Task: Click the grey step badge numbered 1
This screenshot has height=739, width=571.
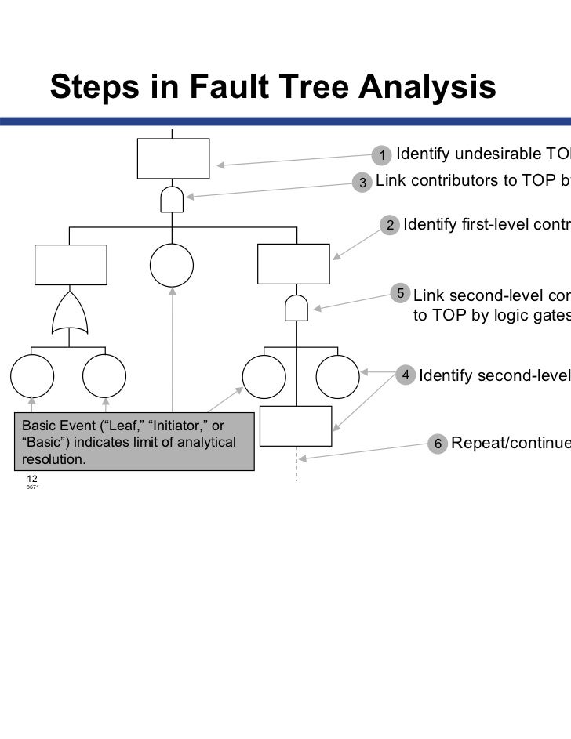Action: pyautogui.click(x=382, y=155)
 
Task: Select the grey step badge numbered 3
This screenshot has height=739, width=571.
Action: pyautogui.click(x=362, y=183)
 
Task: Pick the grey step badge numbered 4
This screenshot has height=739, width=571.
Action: pyautogui.click(x=406, y=375)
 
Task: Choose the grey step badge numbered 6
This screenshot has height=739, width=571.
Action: pyautogui.click(x=438, y=444)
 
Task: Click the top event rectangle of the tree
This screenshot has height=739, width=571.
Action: pyautogui.click(x=173, y=159)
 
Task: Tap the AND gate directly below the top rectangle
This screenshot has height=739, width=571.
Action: pyautogui.click(x=172, y=200)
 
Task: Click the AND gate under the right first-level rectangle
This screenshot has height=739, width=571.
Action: pyautogui.click(x=296, y=307)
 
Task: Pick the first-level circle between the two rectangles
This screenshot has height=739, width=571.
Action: pyautogui.click(x=172, y=266)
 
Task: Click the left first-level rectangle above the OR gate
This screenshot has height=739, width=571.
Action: pyautogui.click(x=71, y=266)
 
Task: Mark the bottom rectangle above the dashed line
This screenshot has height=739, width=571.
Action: pyautogui.click(x=296, y=426)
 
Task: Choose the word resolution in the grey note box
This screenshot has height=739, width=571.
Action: pyautogui.click(x=54, y=460)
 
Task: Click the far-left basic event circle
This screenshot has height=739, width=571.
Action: pyautogui.click(x=32, y=378)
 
